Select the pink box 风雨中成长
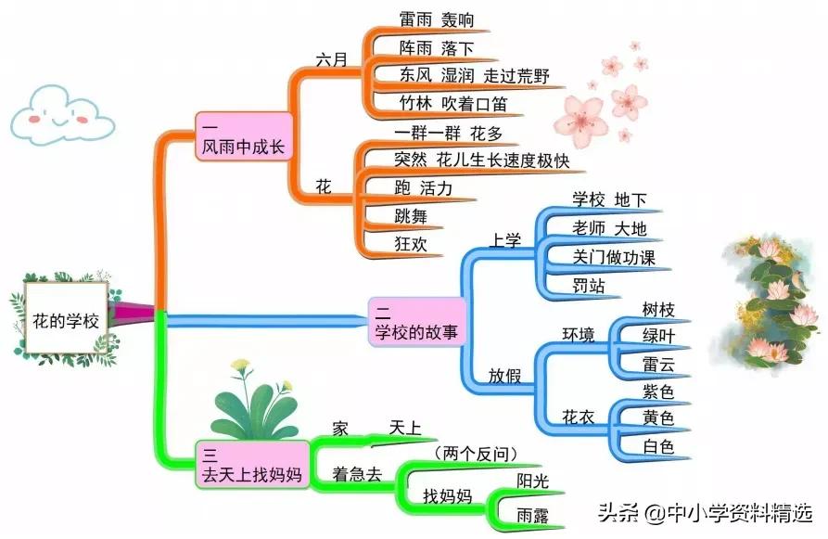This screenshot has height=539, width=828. (x=244, y=137)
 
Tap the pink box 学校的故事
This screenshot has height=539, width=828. (x=416, y=321)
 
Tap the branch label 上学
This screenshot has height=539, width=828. (x=505, y=240)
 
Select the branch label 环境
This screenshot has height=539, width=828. (x=579, y=335)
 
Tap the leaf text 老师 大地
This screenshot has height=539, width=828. (x=609, y=227)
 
